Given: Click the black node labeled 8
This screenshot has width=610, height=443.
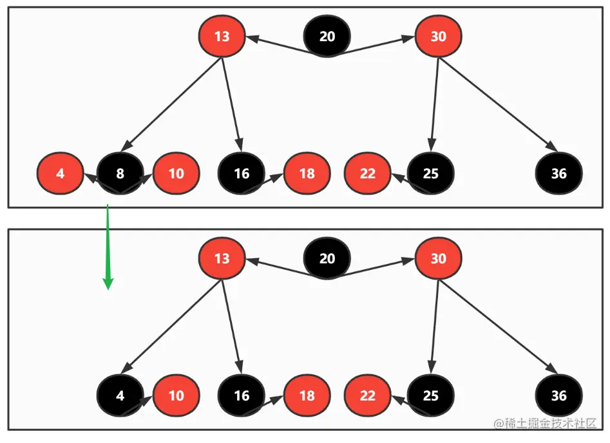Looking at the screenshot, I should (120, 174).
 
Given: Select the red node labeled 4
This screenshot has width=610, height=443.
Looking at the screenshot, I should (60, 174).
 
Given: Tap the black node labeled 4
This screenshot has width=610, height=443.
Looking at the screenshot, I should (120, 396).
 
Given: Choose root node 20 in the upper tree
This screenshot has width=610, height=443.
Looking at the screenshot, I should (327, 36).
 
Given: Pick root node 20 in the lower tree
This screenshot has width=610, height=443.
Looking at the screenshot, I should (327, 258).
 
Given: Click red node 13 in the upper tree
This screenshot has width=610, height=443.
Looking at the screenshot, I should (222, 36).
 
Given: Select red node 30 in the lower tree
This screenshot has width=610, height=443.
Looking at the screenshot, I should (438, 258).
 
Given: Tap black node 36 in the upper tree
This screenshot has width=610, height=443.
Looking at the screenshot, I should (559, 174).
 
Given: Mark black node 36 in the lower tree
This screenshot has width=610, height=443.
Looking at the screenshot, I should (559, 396).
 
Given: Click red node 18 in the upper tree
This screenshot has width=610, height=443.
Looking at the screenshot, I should (307, 174).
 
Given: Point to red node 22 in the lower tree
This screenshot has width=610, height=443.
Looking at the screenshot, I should (367, 396).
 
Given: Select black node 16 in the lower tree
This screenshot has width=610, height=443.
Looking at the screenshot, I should (242, 396).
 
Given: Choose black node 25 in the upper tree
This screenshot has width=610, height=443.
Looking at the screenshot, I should (430, 174).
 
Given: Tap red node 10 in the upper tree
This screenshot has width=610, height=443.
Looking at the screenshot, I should (176, 174).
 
